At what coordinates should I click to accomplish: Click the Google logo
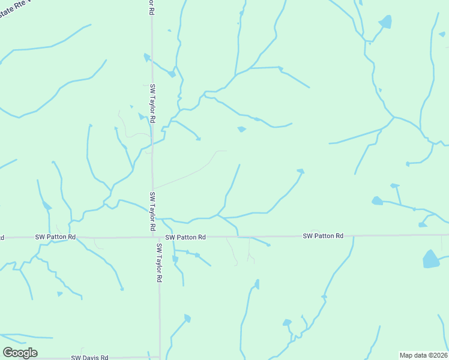[x=20, y=353]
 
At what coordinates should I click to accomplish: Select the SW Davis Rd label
[x=89, y=357]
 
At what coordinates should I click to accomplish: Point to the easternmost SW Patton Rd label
[x=323, y=236]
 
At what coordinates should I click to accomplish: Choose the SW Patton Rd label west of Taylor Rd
[x=55, y=237]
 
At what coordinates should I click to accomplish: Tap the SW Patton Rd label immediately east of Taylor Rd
[x=185, y=237]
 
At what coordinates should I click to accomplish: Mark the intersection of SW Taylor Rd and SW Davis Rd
[x=160, y=357]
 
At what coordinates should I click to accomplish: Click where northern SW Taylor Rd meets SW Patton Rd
[x=152, y=237]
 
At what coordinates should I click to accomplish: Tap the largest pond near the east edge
[x=430, y=259]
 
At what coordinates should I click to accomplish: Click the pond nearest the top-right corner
[x=385, y=22]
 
